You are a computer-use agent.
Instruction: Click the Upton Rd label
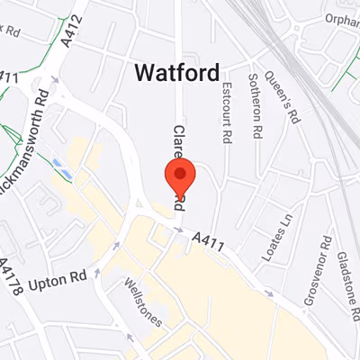click(58, 284)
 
